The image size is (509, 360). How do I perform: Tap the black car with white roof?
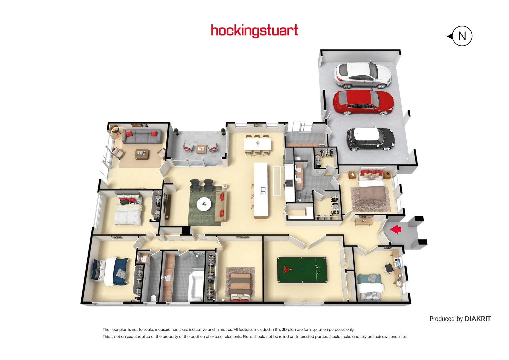tap(370, 139)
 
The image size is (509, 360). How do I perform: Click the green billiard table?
tap(302, 270)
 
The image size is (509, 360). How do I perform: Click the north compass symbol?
tap(462, 36)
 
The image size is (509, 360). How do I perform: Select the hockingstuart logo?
tap(254, 31)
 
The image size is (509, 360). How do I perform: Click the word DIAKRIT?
tap(478, 319)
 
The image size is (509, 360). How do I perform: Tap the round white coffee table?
tap(204, 204)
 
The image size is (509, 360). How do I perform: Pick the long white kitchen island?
tap(261, 190)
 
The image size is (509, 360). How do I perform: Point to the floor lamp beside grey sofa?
tap(115, 130)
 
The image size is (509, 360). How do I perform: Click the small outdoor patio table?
tap(201, 148)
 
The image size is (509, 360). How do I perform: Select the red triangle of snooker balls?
tap(286, 269)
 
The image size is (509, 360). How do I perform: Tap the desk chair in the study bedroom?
tap(389, 268)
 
